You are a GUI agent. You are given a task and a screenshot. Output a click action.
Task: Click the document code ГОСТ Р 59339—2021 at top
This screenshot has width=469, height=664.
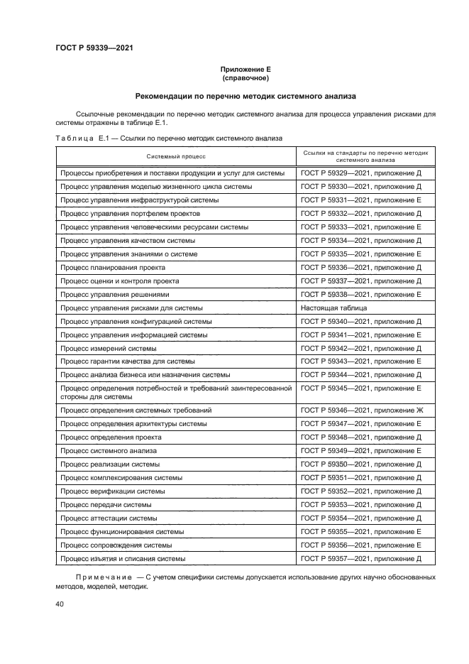94,48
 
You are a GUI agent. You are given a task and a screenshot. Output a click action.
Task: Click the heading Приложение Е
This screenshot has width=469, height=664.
245,70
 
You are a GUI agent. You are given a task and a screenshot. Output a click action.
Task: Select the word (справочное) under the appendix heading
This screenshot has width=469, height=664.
245,78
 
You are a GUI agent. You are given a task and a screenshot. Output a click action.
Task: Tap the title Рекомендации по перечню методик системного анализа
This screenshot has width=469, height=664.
245,96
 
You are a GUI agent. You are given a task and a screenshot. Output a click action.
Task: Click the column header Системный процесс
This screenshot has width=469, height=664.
176,156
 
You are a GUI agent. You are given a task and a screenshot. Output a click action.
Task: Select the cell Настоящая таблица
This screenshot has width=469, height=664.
334,308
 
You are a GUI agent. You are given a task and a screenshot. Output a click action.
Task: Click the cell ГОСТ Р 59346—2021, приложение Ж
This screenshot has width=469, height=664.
362,410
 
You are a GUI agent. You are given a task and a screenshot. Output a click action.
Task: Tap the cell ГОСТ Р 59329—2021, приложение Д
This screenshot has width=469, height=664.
361,173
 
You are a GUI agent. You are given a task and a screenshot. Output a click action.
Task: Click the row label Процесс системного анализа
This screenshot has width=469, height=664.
109,450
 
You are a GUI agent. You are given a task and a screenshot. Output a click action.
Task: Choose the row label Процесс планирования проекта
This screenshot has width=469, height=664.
113,268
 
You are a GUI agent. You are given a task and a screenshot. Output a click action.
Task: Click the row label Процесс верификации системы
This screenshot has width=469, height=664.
113,491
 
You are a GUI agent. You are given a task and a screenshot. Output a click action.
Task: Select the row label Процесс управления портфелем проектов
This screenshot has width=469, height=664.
130,214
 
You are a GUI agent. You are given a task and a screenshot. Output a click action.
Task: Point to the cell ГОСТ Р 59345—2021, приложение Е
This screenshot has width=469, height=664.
361,388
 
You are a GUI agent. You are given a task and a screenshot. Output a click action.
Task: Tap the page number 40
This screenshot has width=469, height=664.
60,604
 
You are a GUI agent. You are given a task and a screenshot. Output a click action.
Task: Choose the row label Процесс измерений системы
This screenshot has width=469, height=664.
109,349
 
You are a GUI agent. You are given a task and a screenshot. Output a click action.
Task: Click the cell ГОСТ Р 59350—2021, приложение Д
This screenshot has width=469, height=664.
361,464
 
